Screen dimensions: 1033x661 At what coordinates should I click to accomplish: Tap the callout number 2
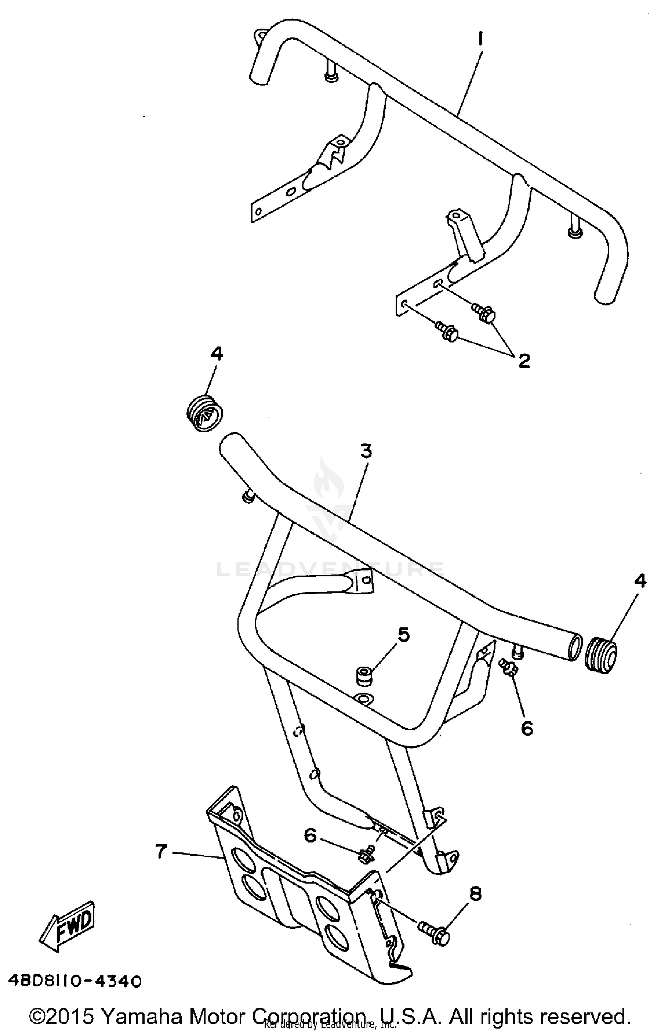click(524, 361)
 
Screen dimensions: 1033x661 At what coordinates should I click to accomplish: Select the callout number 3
click(366, 451)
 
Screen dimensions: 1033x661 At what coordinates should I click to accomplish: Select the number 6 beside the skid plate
click(311, 835)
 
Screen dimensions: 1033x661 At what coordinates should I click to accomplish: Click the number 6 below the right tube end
click(527, 728)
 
